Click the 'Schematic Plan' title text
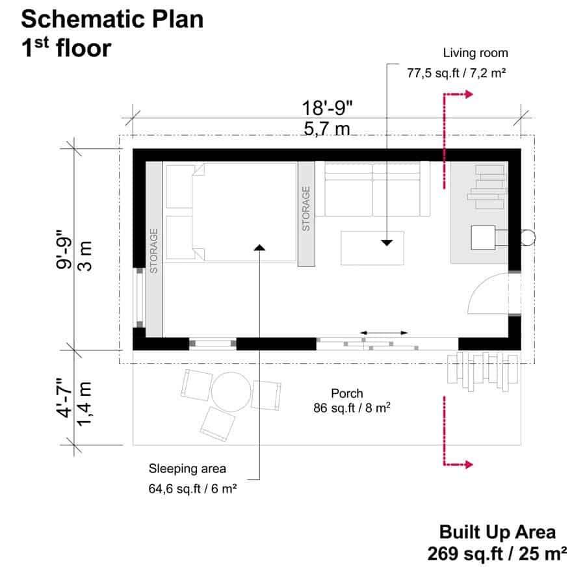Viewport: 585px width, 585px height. tap(112, 19)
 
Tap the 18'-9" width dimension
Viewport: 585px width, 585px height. tap(327, 108)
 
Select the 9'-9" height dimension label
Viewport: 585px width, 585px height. tap(64, 249)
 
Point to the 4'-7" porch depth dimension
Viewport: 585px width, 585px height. tap(64, 398)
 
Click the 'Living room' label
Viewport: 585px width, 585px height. tap(475, 53)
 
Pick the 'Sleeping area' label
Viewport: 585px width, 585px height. tap(187, 469)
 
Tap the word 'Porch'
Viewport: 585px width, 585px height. tap(347, 393)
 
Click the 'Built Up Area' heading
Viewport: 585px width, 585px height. tap(497, 532)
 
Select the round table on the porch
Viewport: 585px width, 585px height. tap(231, 392)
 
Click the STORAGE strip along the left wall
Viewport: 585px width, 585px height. tap(153, 249)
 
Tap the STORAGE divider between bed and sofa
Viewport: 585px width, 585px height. tap(306, 214)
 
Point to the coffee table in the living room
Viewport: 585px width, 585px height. tap(372, 248)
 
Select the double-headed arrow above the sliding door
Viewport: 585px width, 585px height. tap(384, 332)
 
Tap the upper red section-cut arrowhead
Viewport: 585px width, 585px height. tap(469, 94)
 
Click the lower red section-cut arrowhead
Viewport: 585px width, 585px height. tap(469, 465)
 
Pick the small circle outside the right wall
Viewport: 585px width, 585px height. tap(528, 238)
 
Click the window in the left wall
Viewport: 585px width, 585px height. tap(139, 297)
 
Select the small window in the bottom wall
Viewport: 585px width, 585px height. tap(213, 343)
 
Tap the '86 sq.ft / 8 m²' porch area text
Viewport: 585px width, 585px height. tap(352, 408)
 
